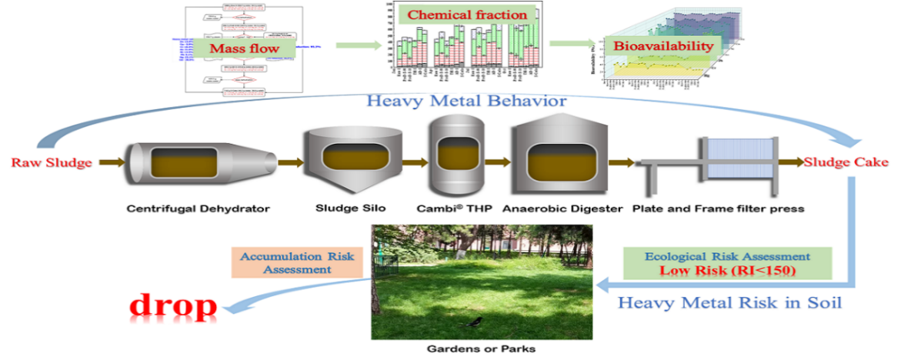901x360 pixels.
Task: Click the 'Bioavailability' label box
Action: [662, 45]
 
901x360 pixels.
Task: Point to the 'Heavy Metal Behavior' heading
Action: [468, 101]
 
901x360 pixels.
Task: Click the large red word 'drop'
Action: [174, 305]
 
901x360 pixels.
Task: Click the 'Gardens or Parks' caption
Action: [481, 348]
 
